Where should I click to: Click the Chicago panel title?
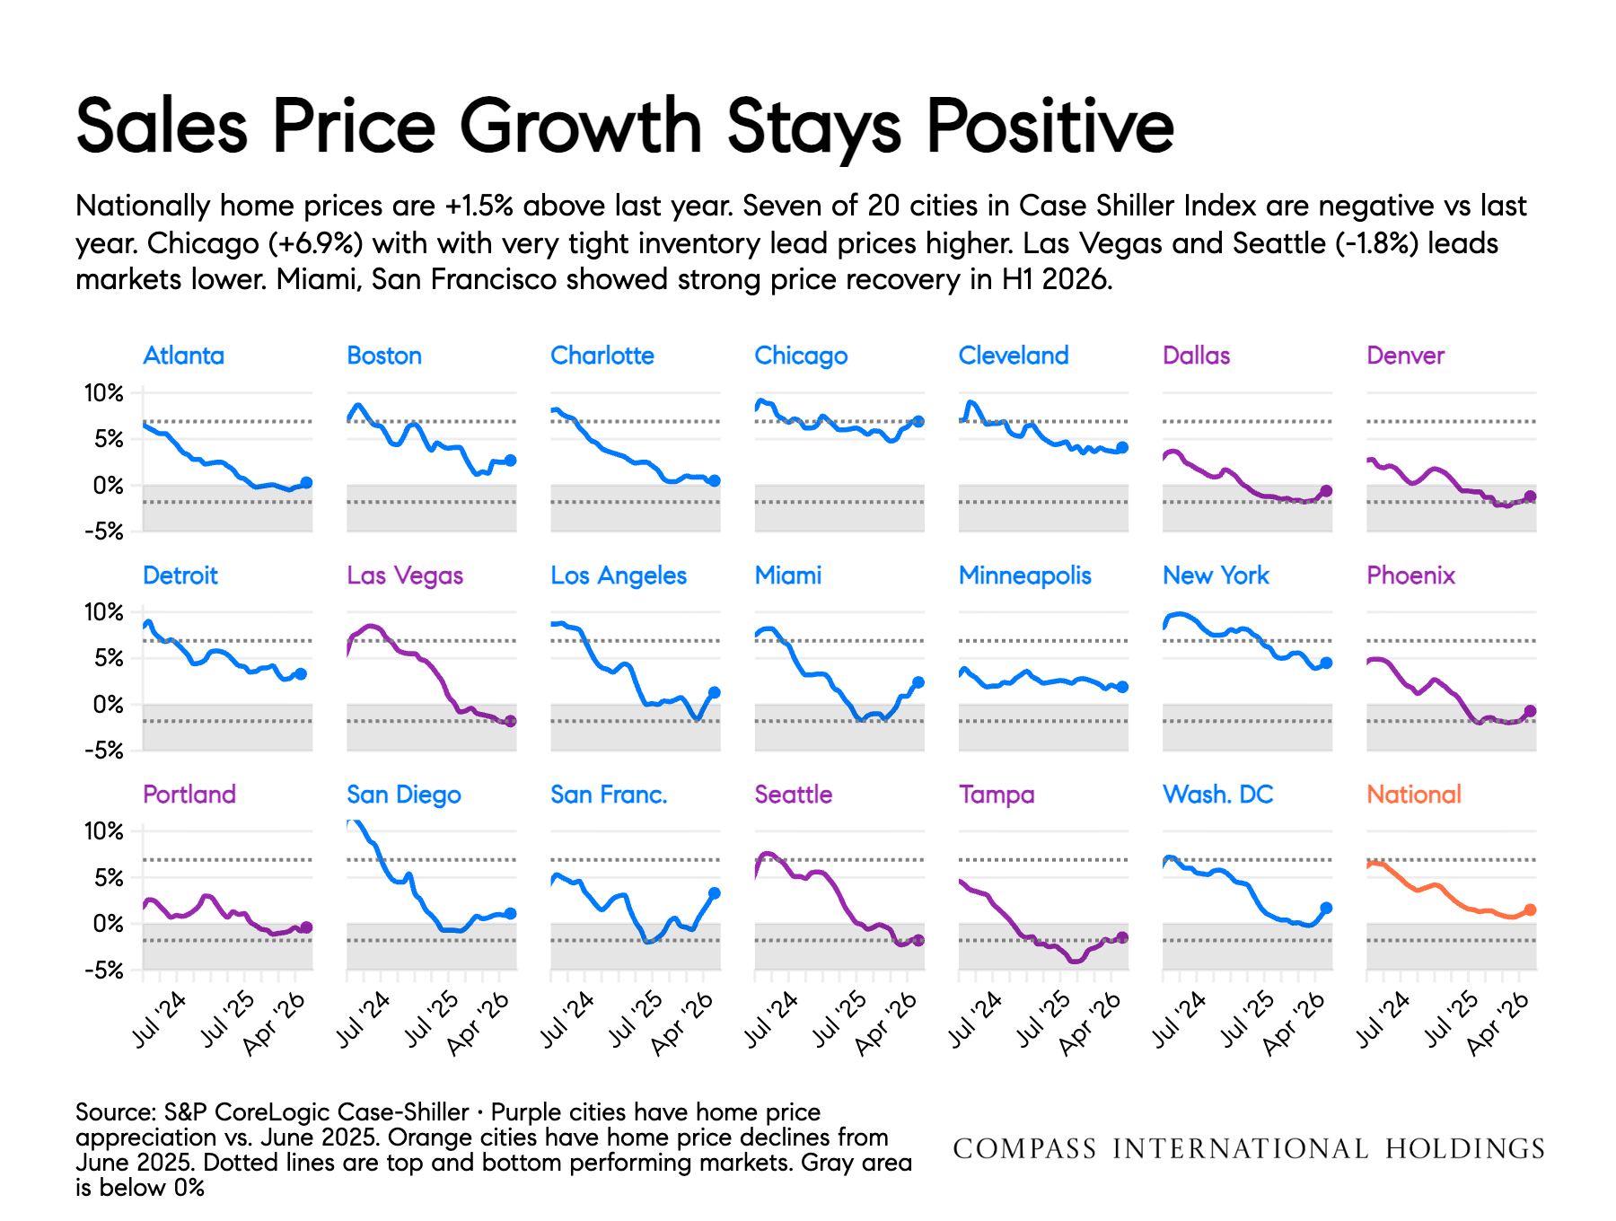801,356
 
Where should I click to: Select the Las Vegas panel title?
405,576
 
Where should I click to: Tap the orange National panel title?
1414,795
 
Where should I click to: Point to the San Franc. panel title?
609,795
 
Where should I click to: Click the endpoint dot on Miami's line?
918,682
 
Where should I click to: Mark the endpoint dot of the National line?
1531,909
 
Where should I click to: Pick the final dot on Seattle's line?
918,940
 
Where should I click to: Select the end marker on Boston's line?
511,460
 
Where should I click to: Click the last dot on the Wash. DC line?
1327,908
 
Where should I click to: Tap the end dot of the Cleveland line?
1122,447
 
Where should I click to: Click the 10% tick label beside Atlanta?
104,392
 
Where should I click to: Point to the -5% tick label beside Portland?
104,970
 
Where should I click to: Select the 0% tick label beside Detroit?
109,705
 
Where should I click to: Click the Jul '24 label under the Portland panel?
160,1019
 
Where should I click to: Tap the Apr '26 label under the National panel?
1498,1023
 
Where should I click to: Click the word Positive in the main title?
1050,127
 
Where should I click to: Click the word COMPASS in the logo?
1024,1149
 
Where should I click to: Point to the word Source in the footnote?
115,1112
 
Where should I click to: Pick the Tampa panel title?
997,795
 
